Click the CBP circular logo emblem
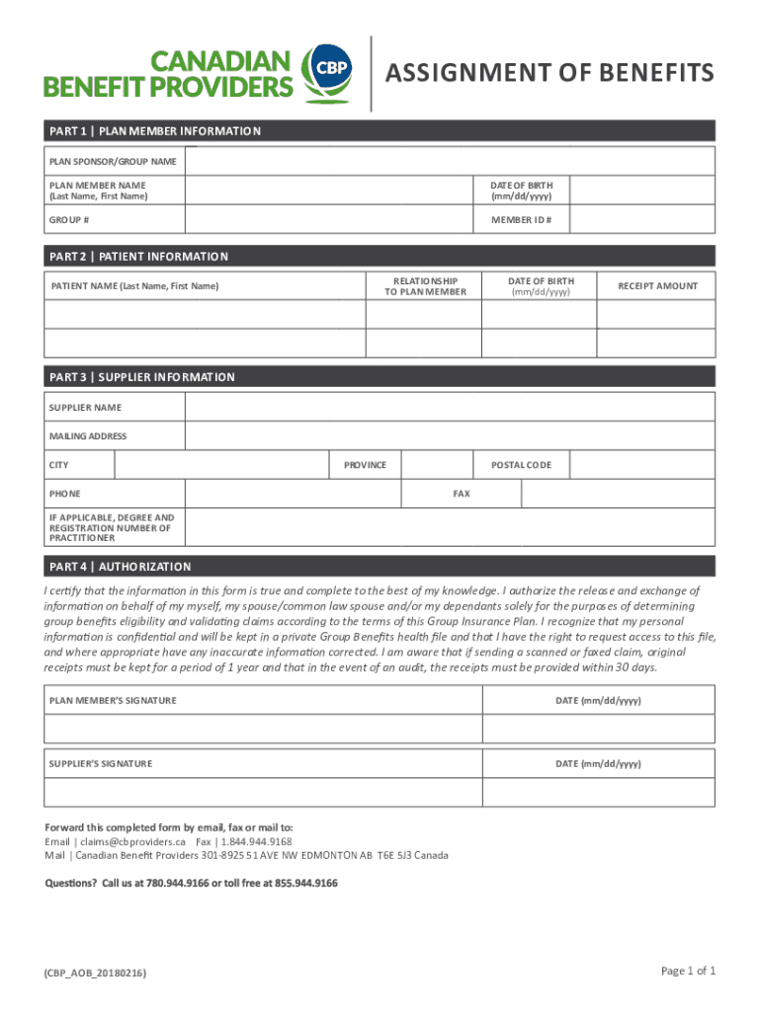pyautogui.click(x=325, y=72)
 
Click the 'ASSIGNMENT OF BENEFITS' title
pyautogui.click(x=550, y=73)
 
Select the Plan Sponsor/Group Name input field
pyautogui.click(x=451, y=161)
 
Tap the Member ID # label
pyautogui.click(x=521, y=219)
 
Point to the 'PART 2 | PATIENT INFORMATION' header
pyautogui.click(x=138, y=257)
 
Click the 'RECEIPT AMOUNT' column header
pyautogui.click(x=657, y=286)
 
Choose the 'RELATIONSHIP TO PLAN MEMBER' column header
pyautogui.click(x=424, y=286)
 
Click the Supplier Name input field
pyautogui.click(x=451, y=407)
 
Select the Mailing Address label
pyautogui.click(x=88, y=436)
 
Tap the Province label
pyautogui.click(x=365, y=465)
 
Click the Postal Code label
pyautogui.click(x=521, y=465)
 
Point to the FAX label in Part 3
pyautogui.click(x=461, y=494)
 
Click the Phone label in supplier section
pyautogui.click(x=65, y=494)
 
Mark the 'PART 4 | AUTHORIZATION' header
pyautogui.click(x=120, y=567)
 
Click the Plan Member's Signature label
pyautogui.click(x=113, y=701)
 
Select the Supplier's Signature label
pyautogui.click(x=101, y=764)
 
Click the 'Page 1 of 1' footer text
pyautogui.click(x=688, y=972)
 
